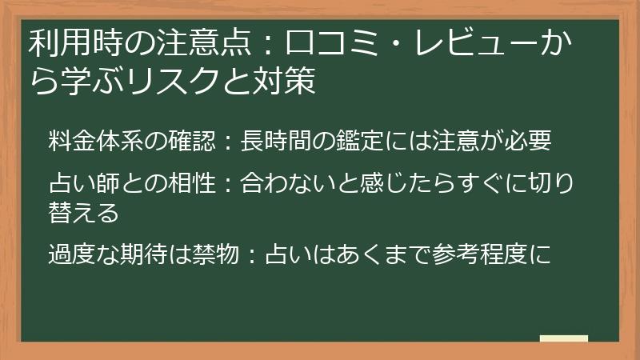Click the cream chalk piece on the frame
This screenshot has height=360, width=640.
[x=564, y=338]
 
